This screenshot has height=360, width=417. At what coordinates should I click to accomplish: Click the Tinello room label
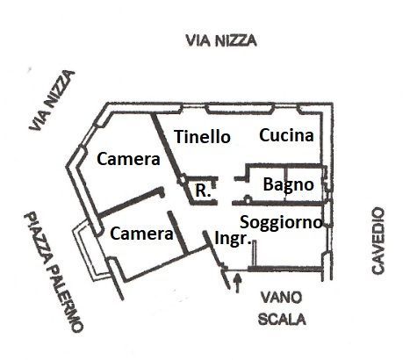pyautogui.click(x=202, y=137)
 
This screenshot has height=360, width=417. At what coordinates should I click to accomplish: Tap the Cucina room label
pyautogui.click(x=286, y=135)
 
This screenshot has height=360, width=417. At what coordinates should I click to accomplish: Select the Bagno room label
pyautogui.click(x=289, y=185)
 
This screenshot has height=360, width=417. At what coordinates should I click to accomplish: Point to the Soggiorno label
pyautogui.click(x=281, y=223)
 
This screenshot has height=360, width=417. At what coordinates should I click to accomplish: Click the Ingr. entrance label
pyautogui.click(x=233, y=239)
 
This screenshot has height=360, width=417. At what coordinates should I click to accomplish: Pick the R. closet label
pyautogui.click(x=203, y=191)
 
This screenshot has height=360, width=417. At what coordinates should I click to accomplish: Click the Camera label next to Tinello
pyautogui.click(x=128, y=159)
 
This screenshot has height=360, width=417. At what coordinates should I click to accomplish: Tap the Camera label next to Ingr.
pyautogui.click(x=141, y=234)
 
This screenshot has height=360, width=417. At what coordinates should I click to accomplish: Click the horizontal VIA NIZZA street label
pyautogui.click(x=221, y=40)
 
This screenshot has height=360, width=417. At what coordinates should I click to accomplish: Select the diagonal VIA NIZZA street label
pyautogui.click(x=52, y=100)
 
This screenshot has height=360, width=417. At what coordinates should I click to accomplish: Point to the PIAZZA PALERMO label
pyautogui.click(x=53, y=271)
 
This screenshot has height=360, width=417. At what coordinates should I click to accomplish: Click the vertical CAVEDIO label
pyautogui.click(x=377, y=241)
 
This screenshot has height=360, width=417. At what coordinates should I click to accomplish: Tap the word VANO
pyautogui.click(x=281, y=298)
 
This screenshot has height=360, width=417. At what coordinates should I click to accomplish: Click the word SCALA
pyautogui.click(x=282, y=319)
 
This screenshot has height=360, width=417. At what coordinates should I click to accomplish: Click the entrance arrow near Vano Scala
pyautogui.click(x=238, y=283)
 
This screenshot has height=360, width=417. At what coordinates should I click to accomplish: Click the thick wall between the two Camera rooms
pyautogui.click(x=131, y=202)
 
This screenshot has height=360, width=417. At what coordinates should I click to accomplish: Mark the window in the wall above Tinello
pyautogui.click(x=240, y=110)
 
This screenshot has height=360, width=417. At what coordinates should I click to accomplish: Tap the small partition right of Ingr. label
pyautogui.click(x=254, y=254)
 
